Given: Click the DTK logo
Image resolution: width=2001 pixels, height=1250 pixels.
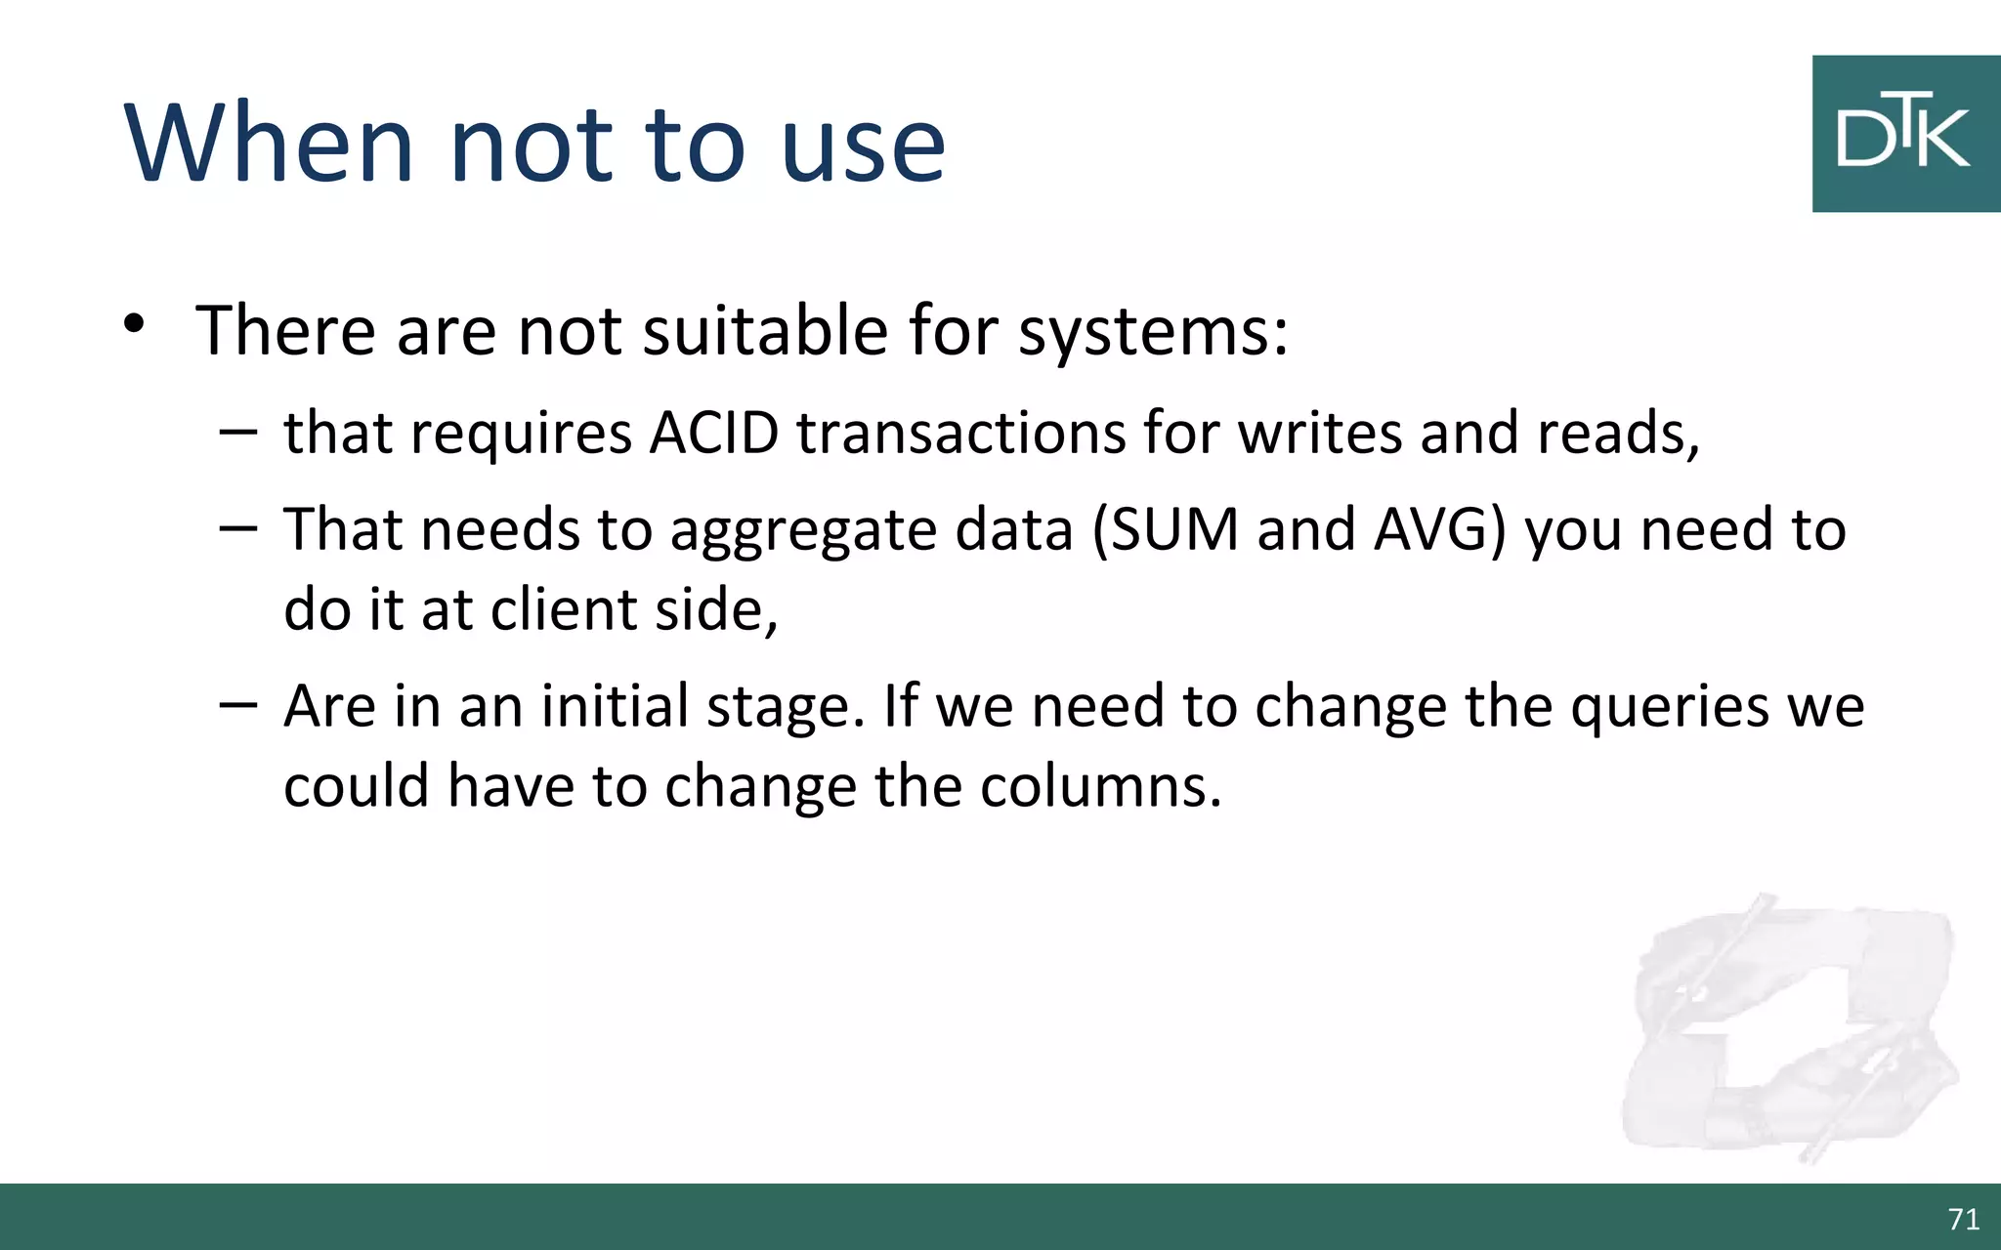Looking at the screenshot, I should point(1905,134).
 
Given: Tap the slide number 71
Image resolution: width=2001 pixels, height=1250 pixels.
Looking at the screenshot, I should point(1963,1219).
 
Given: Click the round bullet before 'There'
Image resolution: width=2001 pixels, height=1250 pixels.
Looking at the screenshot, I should point(134,324).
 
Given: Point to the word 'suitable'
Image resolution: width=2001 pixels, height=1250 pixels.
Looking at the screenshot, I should point(765,330).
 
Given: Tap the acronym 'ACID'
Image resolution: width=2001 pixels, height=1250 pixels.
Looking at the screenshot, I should point(714,433).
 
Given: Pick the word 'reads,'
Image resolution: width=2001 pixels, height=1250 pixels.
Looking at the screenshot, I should point(1618,433).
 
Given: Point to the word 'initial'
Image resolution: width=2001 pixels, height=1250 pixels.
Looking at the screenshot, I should point(616,706).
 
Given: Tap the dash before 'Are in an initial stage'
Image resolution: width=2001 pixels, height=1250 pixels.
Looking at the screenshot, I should point(238,704).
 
